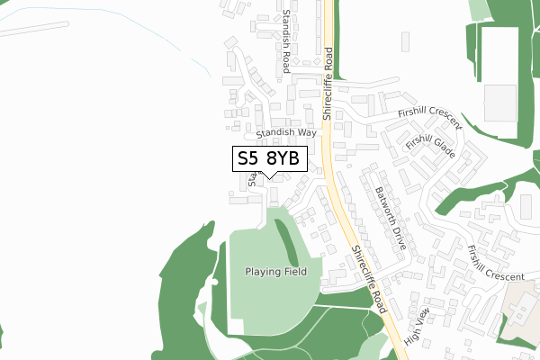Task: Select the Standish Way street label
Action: [286, 132]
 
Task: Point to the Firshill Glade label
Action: [430, 147]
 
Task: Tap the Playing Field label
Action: [276, 271]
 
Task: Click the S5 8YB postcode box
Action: [271, 159]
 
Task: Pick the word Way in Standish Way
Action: [307, 131]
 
